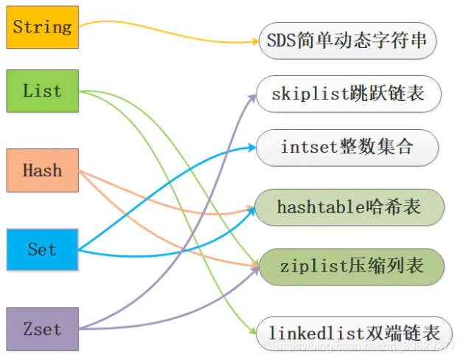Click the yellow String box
coord(42,27)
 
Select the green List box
coord(42,91)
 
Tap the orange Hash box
coord(42,171)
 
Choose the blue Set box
coord(42,249)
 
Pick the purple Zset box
coord(42,329)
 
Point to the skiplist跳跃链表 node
coord(349,95)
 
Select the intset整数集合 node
coord(347,147)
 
